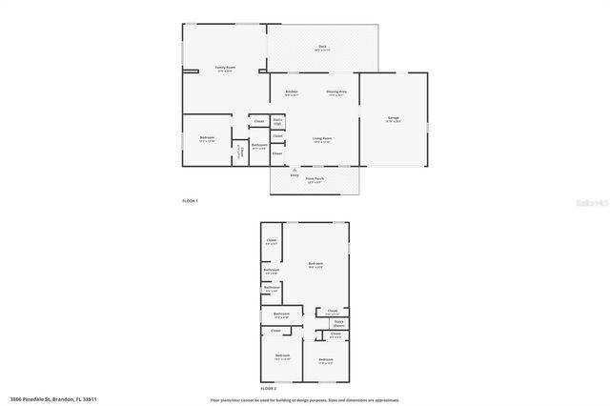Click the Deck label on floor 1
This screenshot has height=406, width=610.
(322, 48)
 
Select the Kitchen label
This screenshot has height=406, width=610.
(292, 92)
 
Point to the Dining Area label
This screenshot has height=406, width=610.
(336, 92)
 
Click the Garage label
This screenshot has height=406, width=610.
(393, 119)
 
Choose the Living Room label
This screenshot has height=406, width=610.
(322, 139)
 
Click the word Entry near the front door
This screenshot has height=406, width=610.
(295, 174)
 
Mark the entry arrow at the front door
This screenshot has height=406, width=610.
(295, 169)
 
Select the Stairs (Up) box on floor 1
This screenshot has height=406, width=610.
(277, 122)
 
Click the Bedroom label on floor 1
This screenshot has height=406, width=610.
(207, 139)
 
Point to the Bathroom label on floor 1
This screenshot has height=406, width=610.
(259, 146)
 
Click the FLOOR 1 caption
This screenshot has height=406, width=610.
(191, 201)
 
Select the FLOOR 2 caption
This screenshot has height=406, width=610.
(269, 390)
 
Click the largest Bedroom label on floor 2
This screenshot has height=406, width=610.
(316, 264)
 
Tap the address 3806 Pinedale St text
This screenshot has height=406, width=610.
(53, 399)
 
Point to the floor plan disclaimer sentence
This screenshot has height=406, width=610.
(304, 400)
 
